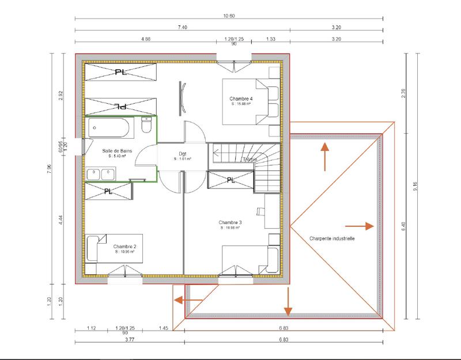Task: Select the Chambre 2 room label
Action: coord(124,245)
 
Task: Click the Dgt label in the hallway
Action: coord(183,154)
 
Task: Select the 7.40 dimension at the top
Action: coord(182,27)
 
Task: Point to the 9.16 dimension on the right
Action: coord(414,185)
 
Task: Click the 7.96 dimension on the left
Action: coord(50,168)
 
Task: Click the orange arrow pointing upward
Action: coord(324,156)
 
